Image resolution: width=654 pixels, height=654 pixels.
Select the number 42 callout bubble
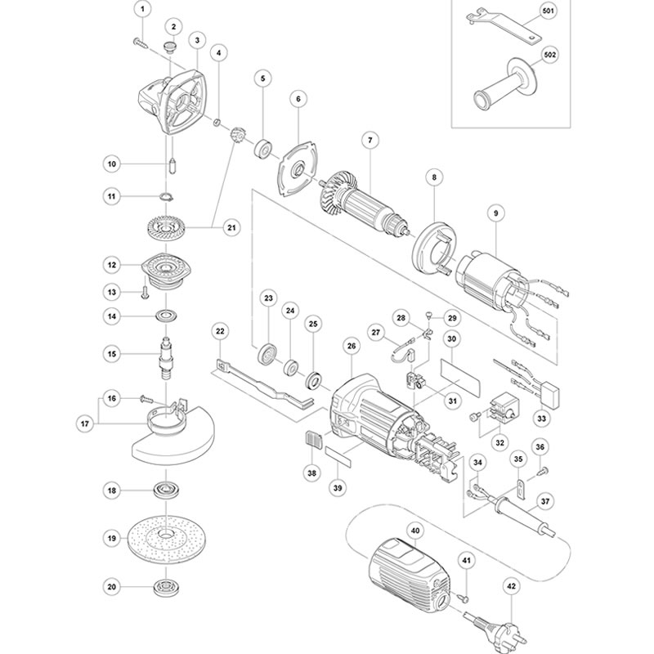512,585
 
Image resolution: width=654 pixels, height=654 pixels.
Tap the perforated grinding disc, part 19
167,539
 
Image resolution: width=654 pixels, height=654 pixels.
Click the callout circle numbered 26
352,346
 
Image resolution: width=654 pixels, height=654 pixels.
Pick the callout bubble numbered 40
414,531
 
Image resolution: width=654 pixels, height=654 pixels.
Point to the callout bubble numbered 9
494,213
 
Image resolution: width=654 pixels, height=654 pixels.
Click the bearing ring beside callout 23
267,356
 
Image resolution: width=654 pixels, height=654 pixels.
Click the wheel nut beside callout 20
166,587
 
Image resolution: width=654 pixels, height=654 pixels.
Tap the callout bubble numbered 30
452,338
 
